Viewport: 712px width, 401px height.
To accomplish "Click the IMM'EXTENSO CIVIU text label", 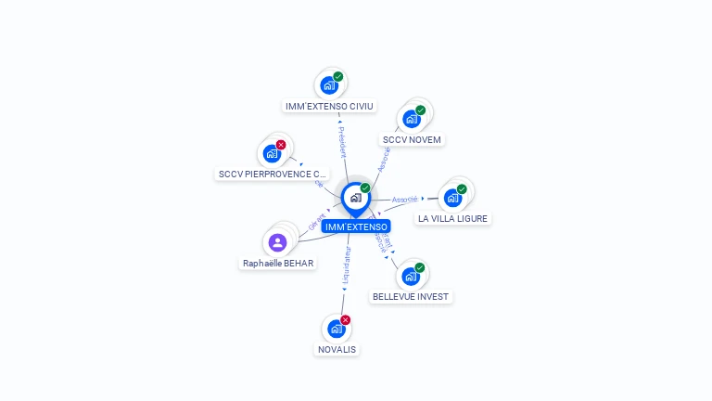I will (x=329, y=107).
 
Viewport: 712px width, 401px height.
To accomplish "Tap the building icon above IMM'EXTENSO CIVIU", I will (x=328, y=85).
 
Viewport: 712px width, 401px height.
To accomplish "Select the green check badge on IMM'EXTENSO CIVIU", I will (x=338, y=77).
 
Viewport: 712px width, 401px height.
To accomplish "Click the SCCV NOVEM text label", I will (x=413, y=140).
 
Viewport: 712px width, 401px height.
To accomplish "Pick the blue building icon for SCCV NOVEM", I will (x=411, y=119).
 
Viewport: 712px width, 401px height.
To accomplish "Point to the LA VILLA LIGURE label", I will (x=452, y=219).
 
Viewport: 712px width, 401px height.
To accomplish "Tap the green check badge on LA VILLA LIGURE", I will (x=462, y=189).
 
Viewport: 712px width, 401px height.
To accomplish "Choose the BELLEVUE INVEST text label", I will (x=410, y=297).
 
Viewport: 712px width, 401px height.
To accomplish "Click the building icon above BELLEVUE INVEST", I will (x=410, y=276).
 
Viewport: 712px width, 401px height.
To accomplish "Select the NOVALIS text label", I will (x=336, y=350).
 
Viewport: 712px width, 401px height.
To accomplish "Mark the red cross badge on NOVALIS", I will (x=346, y=320).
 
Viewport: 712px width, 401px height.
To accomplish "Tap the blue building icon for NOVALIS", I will (x=336, y=329).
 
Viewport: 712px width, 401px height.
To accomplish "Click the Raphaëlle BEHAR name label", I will (x=278, y=264).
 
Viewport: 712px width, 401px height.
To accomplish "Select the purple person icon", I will (x=277, y=243).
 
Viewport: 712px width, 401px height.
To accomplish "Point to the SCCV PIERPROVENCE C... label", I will (x=273, y=175).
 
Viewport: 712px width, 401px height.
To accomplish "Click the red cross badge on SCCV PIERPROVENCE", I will (x=281, y=145).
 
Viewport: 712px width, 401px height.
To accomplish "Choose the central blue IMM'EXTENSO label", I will (x=356, y=226).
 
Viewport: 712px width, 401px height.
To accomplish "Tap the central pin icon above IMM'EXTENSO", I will (x=355, y=198).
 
